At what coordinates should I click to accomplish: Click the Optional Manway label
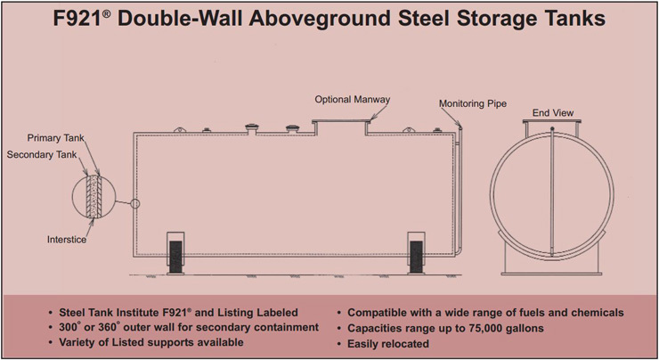pyautogui.click(x=352, y=100)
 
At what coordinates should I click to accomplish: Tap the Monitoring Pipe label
pyautogui.click(x=473, y=103)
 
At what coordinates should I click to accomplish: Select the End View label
pyautogui.click(x=553, y=112)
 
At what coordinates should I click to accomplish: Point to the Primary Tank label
pyautogui.click(x=55, y=138)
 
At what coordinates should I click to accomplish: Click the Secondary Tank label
pyautogui.click(x=42, y=155)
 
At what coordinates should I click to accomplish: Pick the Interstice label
pyautogui.click(x=67, y=240)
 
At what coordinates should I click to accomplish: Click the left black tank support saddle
pyautogui.click(x=175, y=257)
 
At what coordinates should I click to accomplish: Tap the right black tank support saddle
pyautogui.click(x=416, y=257)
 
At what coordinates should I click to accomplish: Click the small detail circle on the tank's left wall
pyautogui.click(x=134, y=203)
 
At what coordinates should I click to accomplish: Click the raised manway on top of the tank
pyautogui.click(x=341, y=122)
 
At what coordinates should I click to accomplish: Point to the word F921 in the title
pyautogui.click(x=77, y=19)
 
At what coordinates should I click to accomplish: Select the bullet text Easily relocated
pyautogui.click(x=388, y=344)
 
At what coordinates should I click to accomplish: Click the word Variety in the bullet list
pyautogui.click(x=75, y=342)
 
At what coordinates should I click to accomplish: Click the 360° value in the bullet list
pyautogui.click(x=109, y=327)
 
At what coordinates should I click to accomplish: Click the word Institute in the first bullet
pyautogui.click(x=139, y=313)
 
